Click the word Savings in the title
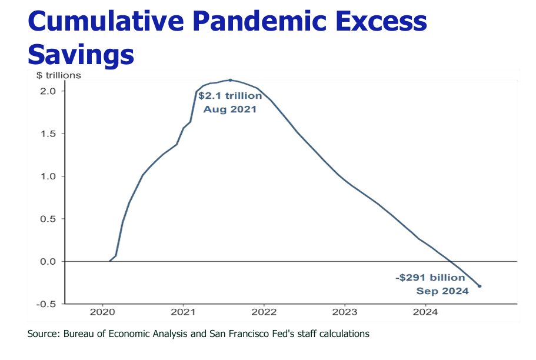click(81, 55)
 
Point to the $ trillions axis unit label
click(59, 75)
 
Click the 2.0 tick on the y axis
click(49, 91)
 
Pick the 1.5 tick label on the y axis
click(49, 134)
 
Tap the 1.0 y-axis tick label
click(49, 176)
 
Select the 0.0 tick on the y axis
click(49, 261)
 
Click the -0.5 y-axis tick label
click(47, 304)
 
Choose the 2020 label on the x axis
click(103, 312)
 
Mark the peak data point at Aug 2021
click(230, 80)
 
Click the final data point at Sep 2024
click(480, 286)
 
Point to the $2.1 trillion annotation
click(230, 96)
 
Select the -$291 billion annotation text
click(430, 278)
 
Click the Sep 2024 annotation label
click(442, 291)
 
